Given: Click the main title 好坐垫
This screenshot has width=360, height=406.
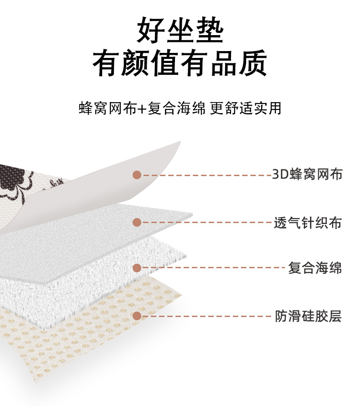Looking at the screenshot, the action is click(x=180, y=31).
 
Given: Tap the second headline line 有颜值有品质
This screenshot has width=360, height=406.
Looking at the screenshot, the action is click(x=180, y=64).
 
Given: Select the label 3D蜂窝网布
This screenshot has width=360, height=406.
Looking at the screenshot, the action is click(x=307, y=174).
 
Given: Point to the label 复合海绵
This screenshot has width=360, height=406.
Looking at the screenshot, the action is click(x=315, y=268).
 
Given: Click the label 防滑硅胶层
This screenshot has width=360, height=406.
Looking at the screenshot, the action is click(x=308, y=316).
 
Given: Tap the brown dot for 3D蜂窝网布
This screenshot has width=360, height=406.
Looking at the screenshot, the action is click(x=137, y=175).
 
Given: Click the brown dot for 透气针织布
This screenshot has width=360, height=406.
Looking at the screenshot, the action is click(x=137, y=222).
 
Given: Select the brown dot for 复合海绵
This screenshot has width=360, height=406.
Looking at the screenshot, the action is click(x=137, y=268).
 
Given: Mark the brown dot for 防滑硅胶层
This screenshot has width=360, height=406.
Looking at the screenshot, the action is click(x=137, y=316).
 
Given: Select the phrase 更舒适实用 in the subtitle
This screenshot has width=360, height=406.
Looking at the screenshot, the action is click(x=246, y=109).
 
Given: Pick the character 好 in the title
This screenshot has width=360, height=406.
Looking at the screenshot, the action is click(x=151, y=31).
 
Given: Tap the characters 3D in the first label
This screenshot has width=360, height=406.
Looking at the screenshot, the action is click(x=278, y=174).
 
